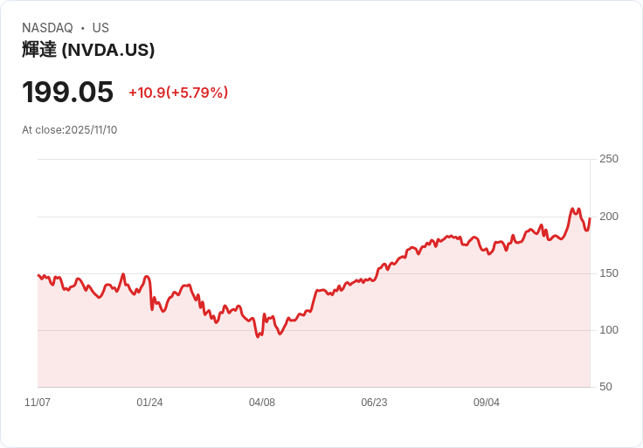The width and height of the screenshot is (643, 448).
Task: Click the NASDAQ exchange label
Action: click(47, 28)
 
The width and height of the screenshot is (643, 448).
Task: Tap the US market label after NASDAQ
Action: click(100, 28)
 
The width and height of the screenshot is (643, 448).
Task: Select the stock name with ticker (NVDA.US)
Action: click(88, 50)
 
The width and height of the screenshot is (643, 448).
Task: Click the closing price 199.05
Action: click(68, 92)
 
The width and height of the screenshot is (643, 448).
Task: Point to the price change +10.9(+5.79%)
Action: click(178, 93)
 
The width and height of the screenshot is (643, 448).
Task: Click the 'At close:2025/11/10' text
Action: click(70, 130)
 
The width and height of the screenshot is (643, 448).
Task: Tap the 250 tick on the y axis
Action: click(609, 159)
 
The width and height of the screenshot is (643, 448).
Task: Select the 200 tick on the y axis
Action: click(609, 217)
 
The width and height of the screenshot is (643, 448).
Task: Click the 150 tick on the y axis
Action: click(609, 273)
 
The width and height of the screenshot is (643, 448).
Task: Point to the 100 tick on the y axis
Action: click(609, 330)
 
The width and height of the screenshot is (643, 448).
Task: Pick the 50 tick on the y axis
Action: click(606, 387)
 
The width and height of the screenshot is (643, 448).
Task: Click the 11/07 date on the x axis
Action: click(38, 403)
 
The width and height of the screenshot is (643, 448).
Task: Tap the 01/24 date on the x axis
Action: click(149, 403)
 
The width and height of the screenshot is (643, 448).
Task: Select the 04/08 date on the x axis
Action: click(262, 403)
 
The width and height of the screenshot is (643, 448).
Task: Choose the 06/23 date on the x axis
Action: click(374, 403)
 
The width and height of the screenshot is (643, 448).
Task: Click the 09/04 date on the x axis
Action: click(487, 403)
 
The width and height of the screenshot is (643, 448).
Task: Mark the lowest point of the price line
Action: click(258, 336)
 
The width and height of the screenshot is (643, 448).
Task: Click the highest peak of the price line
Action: click(572, 209)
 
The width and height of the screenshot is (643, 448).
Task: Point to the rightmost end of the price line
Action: click(590, 218)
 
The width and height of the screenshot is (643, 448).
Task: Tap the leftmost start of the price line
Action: click(38, 275)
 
